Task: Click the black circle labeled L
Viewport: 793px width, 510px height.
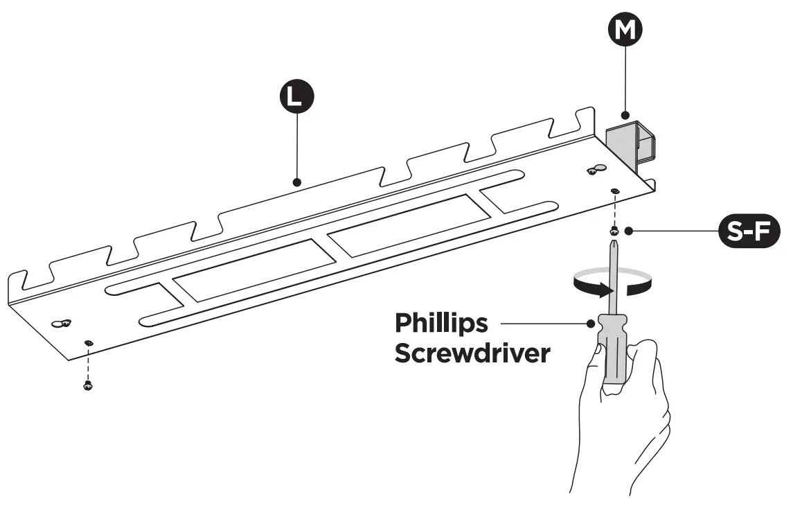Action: tap(296, 97)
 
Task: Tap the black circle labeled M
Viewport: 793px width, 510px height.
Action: tap(625, 30)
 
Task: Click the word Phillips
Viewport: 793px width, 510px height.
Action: tap(441, 323)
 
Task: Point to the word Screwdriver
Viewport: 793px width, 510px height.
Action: tap(472, 353)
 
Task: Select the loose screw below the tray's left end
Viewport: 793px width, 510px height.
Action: tap(87, 385)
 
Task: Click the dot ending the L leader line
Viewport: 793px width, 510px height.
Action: tap(296, 182)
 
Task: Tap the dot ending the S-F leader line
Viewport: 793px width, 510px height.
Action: tap(628, 231)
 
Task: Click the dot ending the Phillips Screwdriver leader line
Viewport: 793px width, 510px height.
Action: tap(591, 322)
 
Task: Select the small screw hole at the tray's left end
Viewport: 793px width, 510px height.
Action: tap(87, 342)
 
